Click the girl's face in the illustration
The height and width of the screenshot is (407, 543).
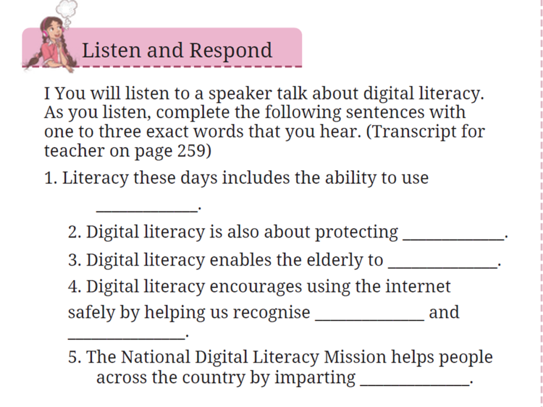click(53, 30)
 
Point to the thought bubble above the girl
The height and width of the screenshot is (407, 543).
click(67, 10)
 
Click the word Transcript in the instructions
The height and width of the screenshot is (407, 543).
click(410, 131)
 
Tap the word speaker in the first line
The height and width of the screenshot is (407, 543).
click(240, 93)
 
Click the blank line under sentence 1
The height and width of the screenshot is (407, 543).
click(147, 211)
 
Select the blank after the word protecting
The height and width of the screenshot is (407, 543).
click(453, 238)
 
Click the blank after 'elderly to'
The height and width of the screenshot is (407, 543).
click(443, 266)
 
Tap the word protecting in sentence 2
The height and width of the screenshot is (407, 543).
click(356, 232)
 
